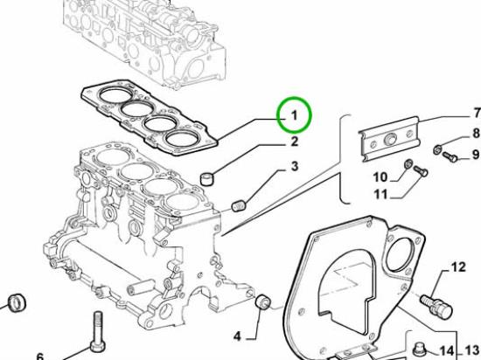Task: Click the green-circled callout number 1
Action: tap(294, 116)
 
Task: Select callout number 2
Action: tap(294, 142)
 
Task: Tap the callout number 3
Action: tap(295, 166)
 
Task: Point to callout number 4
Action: tap(237, 336)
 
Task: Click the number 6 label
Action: tap(40, 357)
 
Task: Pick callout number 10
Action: tap(380, 177)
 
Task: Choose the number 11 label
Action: tap(380, 194)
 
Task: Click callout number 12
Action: tap(458, 267)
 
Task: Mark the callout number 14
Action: tap(447, 351)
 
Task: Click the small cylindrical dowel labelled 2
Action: tap(206, 178)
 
